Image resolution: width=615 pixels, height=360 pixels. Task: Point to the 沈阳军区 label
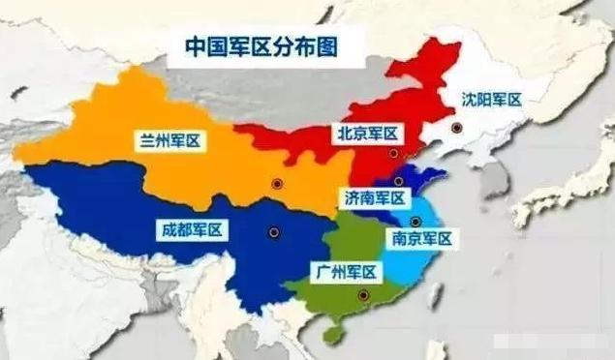(491, 99)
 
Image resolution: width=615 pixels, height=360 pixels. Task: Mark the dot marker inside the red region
(392, 153)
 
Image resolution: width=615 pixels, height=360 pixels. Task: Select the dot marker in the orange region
(276, 183)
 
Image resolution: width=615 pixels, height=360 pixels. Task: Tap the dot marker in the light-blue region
(415, 222)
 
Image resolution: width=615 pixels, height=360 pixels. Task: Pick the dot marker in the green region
(362, 296)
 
